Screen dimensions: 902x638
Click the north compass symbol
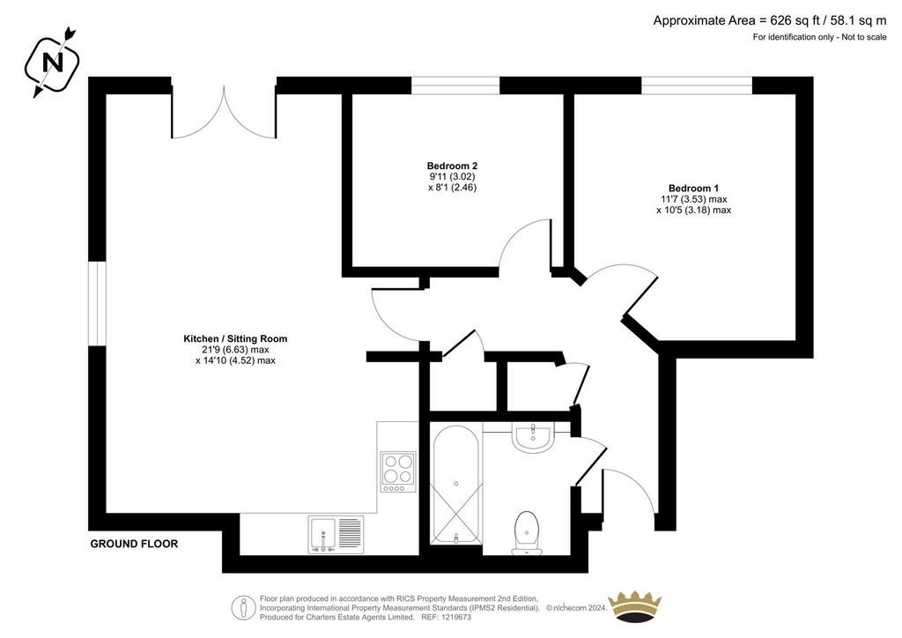pyautogui.click(x=52, y=62)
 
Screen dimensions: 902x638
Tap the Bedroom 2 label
pyautogui.click(x=452, y=166)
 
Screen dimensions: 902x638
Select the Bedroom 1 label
pyautogui.click(x=693, y=188)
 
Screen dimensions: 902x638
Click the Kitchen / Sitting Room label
pyautogui.click(x=235, y=339)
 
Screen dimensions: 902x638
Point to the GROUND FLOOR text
pyautogui.click(x=134, y=544)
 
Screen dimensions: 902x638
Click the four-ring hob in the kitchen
pyautogui.click(x=398, y=471)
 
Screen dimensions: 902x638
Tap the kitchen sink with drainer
pyautogui.click(x=336, y=534)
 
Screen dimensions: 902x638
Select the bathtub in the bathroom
pyautogui.click(x=456, y=484)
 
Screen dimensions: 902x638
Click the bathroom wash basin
pyautogui.click(x=533, y=437)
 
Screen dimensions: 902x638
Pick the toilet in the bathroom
pyautogui.click(x=527, y=533)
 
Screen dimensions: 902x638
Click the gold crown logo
pyautogui.click(x=635, y=605)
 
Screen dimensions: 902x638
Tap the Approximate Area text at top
pyautogui.click(x=770, y=21)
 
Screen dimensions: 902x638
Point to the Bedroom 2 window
pyautogui.click(x=455, y=85)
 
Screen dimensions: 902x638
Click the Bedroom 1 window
pyautogui.click(x=698, y=85)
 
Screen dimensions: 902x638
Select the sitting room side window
pyautogui.click(x=97, y=304)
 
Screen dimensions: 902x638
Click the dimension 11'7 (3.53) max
pyautogui.click(x=694, y=199)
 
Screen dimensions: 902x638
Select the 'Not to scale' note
pyautogui.click(x=864, y=37)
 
